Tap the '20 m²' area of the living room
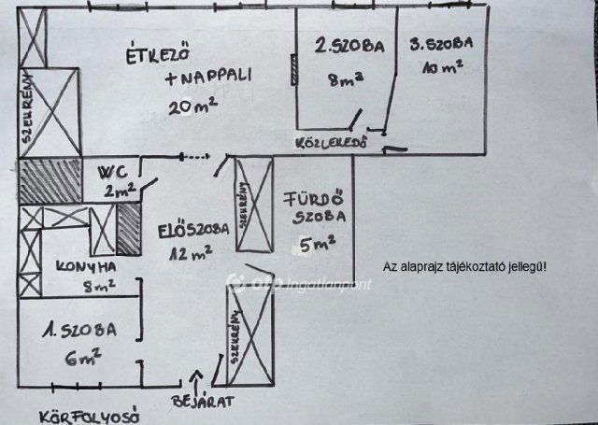click(193, 106)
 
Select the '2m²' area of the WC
click(121, 191)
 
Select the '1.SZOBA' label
click(79, 330)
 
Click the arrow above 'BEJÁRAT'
click(195, 381)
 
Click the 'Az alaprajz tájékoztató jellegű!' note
click(465, 266)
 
